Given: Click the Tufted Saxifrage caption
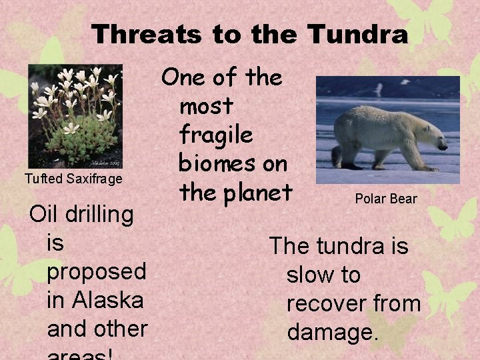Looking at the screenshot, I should pos(73,179).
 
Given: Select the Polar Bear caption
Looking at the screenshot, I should pos(386,199).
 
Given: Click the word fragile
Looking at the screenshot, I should pos(216,135).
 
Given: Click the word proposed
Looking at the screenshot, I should pos(97,272).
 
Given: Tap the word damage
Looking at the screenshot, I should pos(333,331).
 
